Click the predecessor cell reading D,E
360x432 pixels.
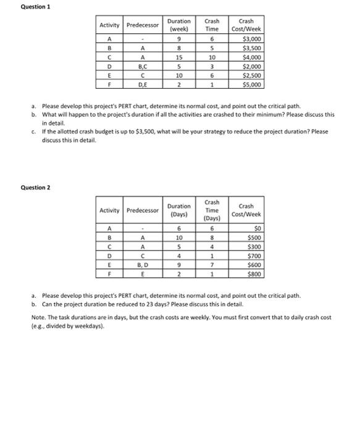coord(143,85)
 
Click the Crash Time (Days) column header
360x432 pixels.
coord(212,210)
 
